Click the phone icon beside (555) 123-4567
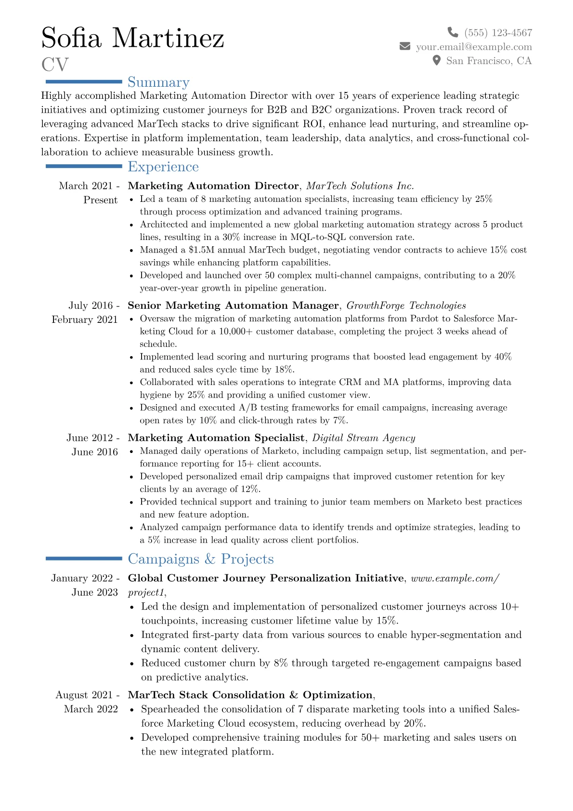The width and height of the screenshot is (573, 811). [x=453, y=32]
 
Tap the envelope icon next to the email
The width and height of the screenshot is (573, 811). [x=405, y=46]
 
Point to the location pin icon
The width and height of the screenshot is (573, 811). [x=437, y=60]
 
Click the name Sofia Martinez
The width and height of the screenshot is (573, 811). [x=132, y=38]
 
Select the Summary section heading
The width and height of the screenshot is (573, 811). [x=158, y=82]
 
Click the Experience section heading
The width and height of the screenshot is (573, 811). [x=163, y=167]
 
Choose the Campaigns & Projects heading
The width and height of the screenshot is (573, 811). [x=201, y=559]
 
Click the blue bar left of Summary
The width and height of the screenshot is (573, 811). [x=83, y=82]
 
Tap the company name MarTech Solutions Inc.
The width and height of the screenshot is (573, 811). [x=360, y=186]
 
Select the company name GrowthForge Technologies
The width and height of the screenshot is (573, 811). [x=406, y=306]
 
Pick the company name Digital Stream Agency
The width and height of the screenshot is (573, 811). [x=364, y=438]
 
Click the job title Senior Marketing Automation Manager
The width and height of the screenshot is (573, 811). [x=233, y=306]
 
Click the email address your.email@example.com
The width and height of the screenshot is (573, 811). [x=474, y=47]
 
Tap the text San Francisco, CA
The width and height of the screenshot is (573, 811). [x=489, y=61]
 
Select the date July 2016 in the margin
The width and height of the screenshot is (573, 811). [x=91, y=306]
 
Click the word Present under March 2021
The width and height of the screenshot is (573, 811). [x=100, y=200]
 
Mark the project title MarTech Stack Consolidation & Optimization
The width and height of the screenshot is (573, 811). [x=250, y=695]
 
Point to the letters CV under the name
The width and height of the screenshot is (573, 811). [x=55, y=65]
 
